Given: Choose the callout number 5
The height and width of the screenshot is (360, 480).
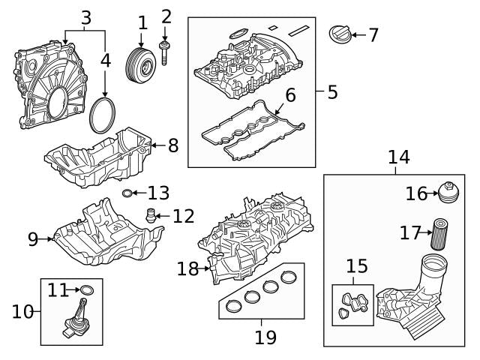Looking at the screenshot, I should (x=332, y=92).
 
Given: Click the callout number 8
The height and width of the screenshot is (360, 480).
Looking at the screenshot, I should (x=172, y=145).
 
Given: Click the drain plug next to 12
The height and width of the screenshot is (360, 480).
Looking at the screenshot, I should (x=151, y=216).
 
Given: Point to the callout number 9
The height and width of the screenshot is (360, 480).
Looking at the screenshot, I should (x=33, y=239).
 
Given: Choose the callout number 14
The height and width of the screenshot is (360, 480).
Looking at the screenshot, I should (x=399, y=157).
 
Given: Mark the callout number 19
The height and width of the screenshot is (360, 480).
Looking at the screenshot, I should (x=265, y=337).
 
